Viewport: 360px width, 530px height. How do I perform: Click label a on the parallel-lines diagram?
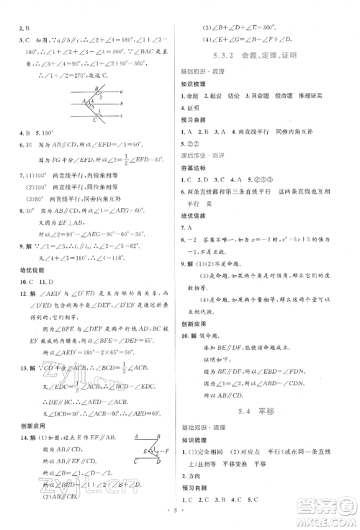pos(123,93)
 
